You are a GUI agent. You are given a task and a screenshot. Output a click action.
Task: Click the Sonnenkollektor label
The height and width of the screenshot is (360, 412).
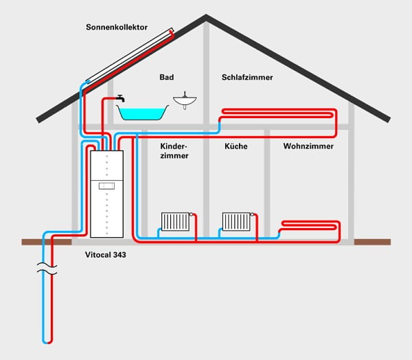[x=117, y=27]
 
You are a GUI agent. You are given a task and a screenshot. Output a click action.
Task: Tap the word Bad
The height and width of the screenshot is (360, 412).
[x=167, y=78]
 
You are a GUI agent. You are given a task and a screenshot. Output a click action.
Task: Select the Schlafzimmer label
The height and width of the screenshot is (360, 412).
[x=247, y=78]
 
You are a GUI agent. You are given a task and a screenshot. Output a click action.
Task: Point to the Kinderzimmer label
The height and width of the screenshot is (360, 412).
[x=174, y=151]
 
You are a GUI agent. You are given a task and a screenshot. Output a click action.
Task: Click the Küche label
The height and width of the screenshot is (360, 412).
[x=236, y=147]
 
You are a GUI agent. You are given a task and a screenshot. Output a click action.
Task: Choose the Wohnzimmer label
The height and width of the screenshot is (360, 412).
[x=308, y=147]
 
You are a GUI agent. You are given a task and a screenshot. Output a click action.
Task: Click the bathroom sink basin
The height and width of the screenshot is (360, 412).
[x=185, y=102]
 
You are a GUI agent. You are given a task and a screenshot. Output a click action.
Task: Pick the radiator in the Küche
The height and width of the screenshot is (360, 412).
[x=238, y=221]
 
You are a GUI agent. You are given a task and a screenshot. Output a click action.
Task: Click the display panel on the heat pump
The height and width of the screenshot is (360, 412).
[x=106, y=185]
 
